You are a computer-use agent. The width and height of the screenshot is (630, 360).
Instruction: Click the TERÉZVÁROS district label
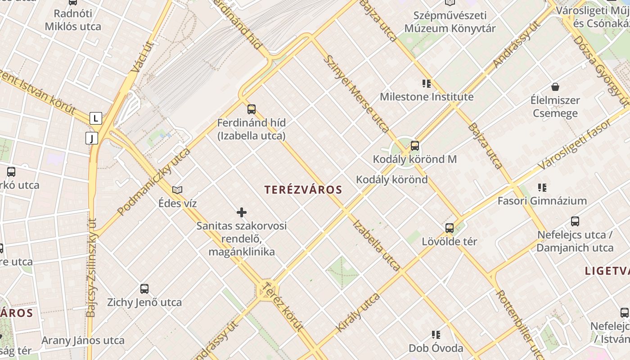(304, 190)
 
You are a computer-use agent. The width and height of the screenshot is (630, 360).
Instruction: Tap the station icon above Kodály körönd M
(415, 145)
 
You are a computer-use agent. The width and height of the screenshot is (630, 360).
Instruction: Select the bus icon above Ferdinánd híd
(252, 109)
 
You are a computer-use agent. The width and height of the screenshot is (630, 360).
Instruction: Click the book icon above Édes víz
(177, 190)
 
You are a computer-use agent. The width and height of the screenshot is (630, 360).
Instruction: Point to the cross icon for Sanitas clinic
(242, 212)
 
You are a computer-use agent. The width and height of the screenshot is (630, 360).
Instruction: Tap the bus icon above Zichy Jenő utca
(144, 289)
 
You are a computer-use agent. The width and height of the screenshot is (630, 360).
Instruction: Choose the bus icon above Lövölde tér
(450, 228)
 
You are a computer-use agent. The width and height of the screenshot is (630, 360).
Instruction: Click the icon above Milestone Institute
(427, 83)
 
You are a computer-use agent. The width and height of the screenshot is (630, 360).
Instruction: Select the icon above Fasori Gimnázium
(542, 187)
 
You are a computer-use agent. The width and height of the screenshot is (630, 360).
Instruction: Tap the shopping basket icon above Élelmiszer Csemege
(555, 87)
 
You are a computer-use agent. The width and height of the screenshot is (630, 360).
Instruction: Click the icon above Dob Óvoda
(436, 334)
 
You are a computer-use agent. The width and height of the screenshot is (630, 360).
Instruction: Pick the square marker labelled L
(95, 118)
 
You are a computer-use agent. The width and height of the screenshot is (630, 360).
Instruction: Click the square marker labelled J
(92, 138)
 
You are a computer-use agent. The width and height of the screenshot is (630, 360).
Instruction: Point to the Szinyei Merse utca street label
(356, 94)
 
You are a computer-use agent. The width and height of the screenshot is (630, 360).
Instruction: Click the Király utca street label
(358, 312)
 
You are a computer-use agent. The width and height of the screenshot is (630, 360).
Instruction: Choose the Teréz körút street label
(283, 307)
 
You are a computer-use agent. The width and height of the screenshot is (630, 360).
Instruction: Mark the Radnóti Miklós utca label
(73, 20)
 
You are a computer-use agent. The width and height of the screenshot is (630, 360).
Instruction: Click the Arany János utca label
(83, 340)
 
